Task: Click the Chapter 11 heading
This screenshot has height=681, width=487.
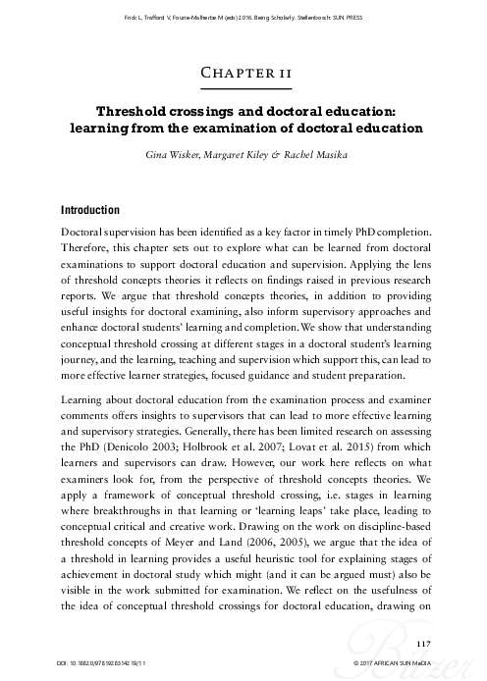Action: click(x=243, y=73)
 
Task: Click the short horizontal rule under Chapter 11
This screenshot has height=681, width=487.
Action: click(x=243, y=90)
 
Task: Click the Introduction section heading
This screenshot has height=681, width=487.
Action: click(x=90, y=210)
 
